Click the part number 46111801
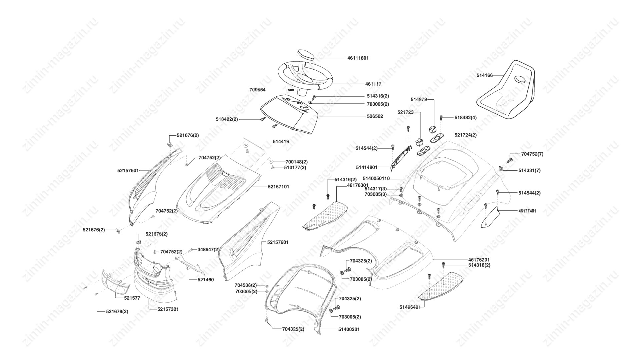pos(358,58)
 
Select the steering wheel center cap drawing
pos(305,54)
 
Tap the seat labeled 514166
pos(507,90)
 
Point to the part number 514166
pos(484,76)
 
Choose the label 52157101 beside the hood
pos(278,187)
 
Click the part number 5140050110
pos(376,179)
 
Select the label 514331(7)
pos(529,170)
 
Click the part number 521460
pos(206,280)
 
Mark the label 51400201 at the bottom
pos(349,329)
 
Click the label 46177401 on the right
pos(527,211)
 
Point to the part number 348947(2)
pos(208,249)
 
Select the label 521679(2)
pos(117,311)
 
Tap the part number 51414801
pos(367,167)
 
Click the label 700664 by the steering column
pos(258,90)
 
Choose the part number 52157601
pos(277,242)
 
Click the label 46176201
pos(479,259)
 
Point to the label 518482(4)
pos(466,118)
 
